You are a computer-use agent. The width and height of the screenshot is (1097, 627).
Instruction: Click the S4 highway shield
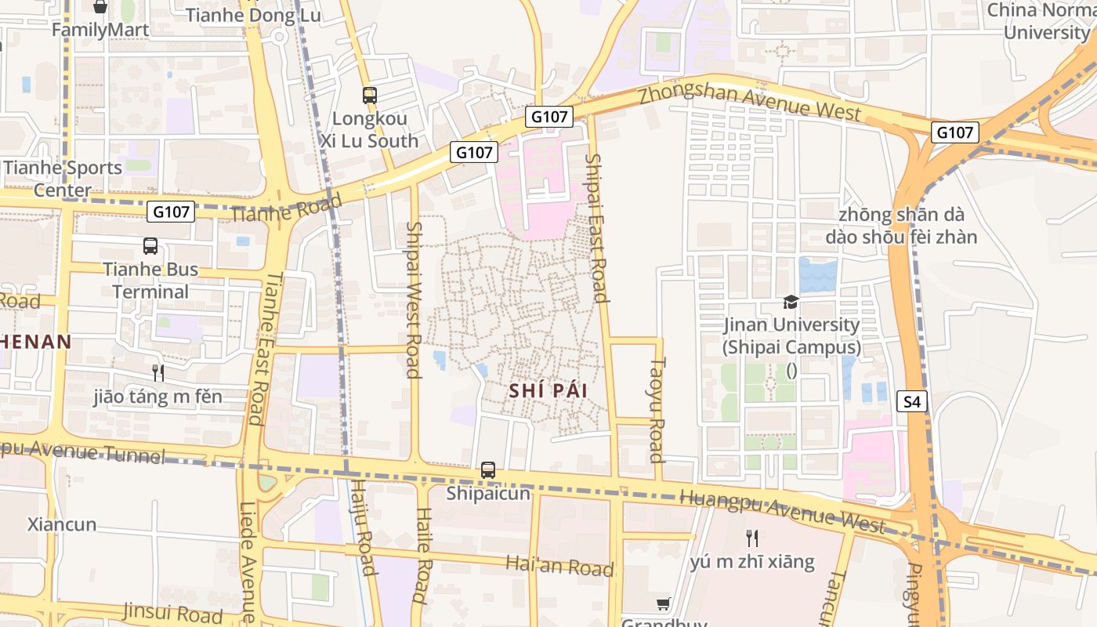coord(912,402)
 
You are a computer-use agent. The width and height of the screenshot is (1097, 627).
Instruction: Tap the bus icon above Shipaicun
coord(488,470)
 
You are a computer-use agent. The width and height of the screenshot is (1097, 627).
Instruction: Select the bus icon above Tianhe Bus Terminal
coord(150,246)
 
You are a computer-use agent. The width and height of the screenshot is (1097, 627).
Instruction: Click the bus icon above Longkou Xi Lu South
coord(369,96)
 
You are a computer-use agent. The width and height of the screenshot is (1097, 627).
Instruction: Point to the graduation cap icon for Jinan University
coord(791,302)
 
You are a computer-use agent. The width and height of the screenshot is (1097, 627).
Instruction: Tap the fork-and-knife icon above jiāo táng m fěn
coord(158,372)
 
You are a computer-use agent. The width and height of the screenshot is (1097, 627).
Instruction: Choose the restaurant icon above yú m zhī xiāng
coord(752,538)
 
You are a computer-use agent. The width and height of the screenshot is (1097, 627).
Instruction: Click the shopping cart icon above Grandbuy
coord(664,603)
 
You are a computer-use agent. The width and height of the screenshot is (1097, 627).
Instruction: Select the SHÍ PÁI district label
coord(548,390)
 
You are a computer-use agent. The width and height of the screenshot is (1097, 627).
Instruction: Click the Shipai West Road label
coord(414,299)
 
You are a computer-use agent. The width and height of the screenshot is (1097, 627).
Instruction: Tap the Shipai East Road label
coord(597,227)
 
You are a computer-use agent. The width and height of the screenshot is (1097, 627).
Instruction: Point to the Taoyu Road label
coord(657,410)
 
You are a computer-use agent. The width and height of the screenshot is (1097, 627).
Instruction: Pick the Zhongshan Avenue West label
coord(750,100)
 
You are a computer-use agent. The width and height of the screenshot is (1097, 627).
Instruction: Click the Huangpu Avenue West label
coord(783,512)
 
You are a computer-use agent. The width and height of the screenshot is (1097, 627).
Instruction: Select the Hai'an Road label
coord(559,566)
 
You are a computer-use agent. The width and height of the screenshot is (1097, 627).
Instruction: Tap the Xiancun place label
coord(62,524)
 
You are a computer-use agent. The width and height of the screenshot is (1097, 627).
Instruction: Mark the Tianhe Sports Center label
coord(63,179)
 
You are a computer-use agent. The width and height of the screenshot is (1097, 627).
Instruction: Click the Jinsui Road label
coord(173,611)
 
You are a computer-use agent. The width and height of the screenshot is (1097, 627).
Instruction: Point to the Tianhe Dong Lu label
coord(242,15)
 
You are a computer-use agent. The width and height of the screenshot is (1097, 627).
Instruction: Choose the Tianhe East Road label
coord(257,348)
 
